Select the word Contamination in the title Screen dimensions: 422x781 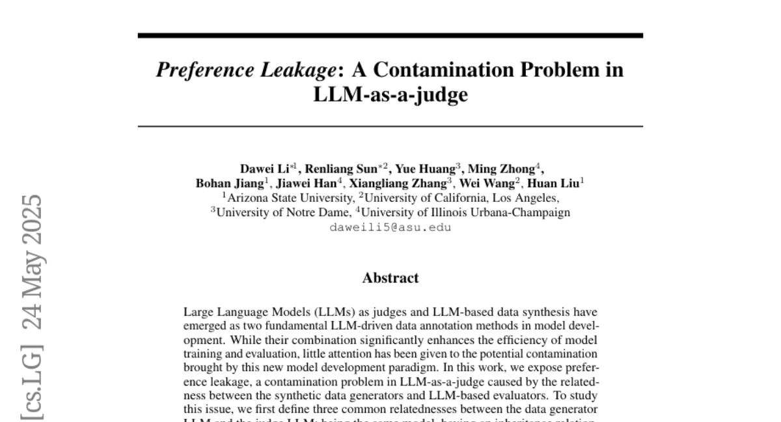tap(452, 70)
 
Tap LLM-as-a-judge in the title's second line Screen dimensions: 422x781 tap(390, 95)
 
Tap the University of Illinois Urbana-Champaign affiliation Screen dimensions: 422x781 tap(465, 212)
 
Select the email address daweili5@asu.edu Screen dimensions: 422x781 tap(390, 227)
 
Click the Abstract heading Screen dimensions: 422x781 tap(390, 278)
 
